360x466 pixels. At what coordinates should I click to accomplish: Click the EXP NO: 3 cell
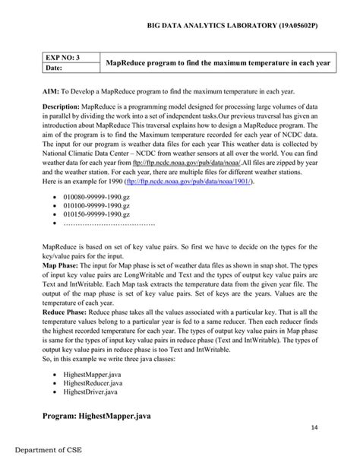63,58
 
